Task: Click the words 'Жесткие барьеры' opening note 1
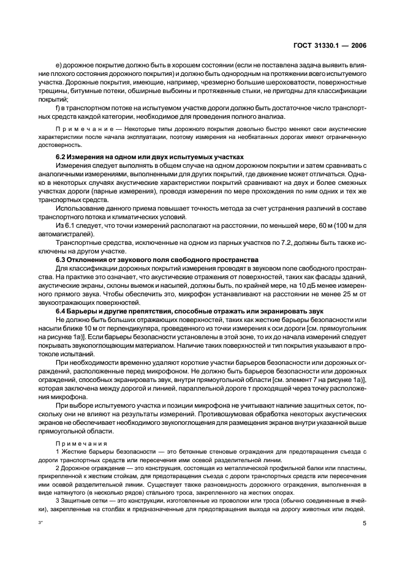click(84, 452)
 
